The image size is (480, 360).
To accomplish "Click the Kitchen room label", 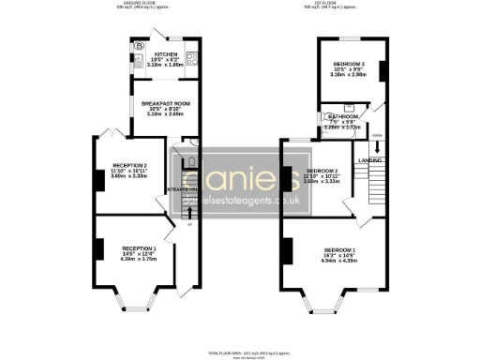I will pyautogui.click(x=165, y=55).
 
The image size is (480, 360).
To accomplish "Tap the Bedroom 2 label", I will pyautogui.click(x=322, y=171).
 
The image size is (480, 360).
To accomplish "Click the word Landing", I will pyautogui.click(x=368, y=160).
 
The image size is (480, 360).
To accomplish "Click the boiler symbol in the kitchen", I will pyautogui.click(x=140, y=45).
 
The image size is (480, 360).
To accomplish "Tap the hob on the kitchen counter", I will pyautogui.click(x=190, y=59).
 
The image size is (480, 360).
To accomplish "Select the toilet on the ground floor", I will pyautogui.click(x=191, y=161).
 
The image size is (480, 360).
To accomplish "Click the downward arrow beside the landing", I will pyautogui.click(x=376, y=146).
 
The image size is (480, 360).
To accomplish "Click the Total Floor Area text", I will pyautogui.click(x=239, y=352).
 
